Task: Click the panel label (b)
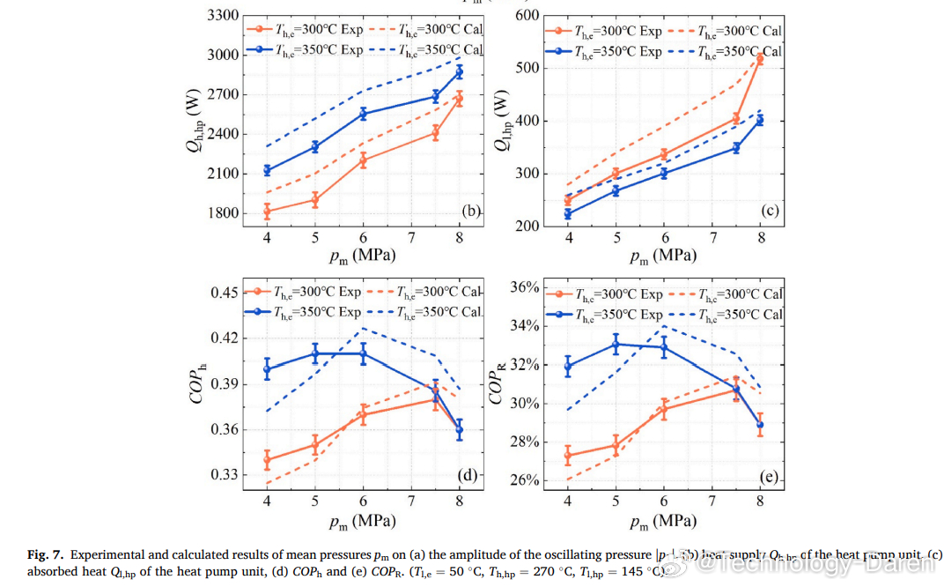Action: coord(470,210)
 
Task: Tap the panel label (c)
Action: coord(771,211)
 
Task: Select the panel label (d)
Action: coord(467,476)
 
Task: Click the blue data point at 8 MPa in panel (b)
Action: coord(459,71)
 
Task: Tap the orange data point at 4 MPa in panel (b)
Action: coord(267,211)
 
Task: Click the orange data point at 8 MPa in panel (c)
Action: coord(760,59)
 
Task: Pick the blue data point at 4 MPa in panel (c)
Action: coord(567,214)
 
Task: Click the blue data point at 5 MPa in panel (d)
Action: coord(315,353)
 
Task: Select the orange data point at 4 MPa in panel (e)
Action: coord(567,456)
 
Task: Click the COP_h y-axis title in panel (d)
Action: coord(200,383)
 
